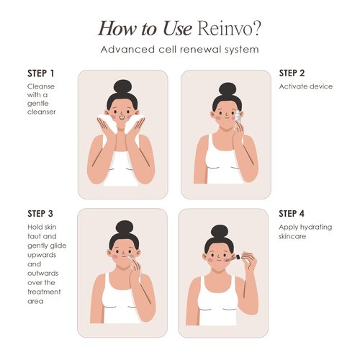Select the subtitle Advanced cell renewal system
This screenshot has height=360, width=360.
point(180,50)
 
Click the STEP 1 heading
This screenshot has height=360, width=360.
point(40,73)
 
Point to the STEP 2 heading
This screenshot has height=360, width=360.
point(292,73)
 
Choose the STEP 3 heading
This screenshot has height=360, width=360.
point(40,213)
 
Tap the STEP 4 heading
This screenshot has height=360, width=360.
point(292,213)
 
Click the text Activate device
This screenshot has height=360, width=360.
point(306,87)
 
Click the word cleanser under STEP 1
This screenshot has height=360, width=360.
point(42,112)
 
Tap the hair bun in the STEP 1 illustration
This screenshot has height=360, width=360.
point(122,86)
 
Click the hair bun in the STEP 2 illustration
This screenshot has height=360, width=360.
point(228,89)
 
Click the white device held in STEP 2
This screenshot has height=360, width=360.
point(235,116)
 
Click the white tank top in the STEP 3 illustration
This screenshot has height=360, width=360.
point(122,302)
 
